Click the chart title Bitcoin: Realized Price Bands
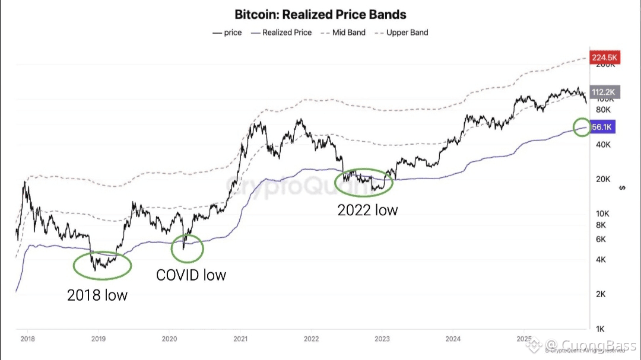click(320, 14)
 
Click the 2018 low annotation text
click(97, 295)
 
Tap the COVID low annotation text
click(191, 275)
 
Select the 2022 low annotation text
click(367, 210)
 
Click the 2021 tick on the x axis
click(240, 339)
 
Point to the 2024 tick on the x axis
click(453, 339)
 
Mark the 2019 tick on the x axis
click(98, 339)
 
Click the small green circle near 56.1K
click(583, 126)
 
